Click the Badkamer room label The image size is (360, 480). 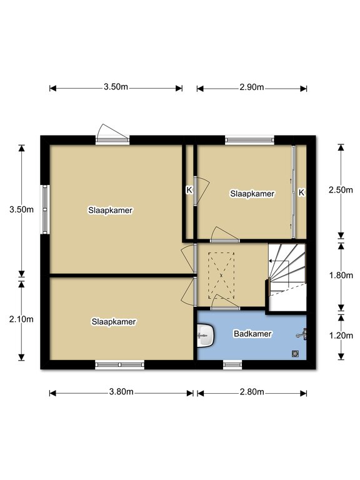(x=252, y=334)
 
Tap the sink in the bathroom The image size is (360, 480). (x=206, y=336)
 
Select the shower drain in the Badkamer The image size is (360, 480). (x=295, y=354)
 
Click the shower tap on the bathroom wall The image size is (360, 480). (x=302, y=334)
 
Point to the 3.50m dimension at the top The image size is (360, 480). (x=116, y=87)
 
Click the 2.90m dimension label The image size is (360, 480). (x=252, y=87)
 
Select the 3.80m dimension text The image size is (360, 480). (x=121, y=392)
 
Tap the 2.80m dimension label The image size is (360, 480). (x=252, y=392)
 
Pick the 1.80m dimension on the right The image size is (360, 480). (x=341, y=276)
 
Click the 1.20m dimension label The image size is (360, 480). (x=341, y=336)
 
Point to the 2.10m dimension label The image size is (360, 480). (x=21, y=319)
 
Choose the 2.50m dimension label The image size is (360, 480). (x=341, y=190)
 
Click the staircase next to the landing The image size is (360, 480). (x=287, y=277)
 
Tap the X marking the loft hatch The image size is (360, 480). (x=221, y=276)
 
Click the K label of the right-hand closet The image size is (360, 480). (x=301, y=192)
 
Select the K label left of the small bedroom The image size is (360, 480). (x=189, y=190)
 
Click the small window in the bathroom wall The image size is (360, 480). (x=232, y=364)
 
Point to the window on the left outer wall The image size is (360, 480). (x=45, y=209)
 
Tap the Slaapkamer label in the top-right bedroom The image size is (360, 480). (x=252, y=194)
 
